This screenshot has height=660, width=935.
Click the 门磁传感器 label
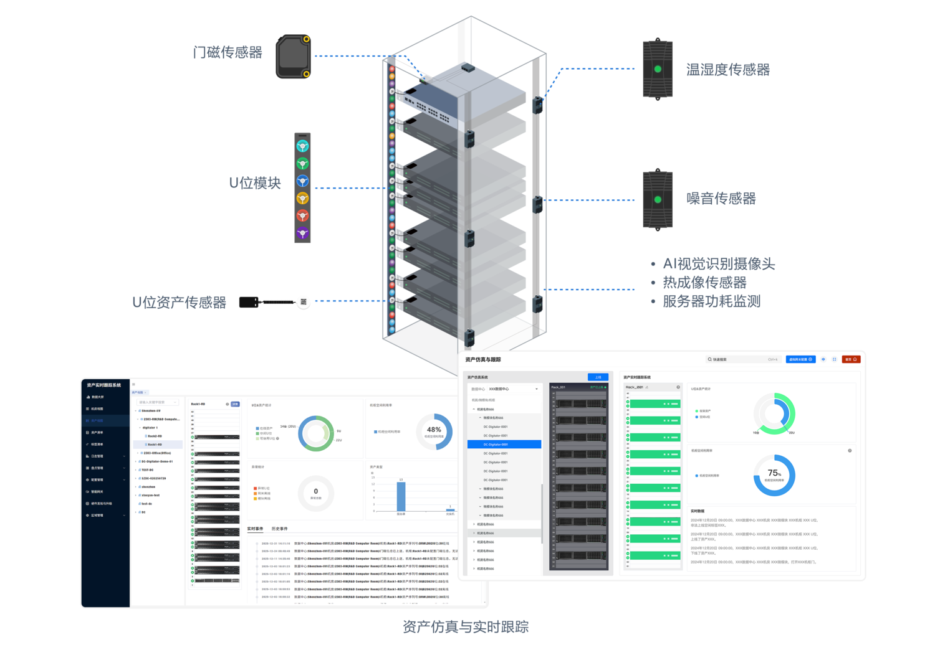[x=228, y=52]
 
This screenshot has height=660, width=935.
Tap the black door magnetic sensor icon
[x=293, y=57]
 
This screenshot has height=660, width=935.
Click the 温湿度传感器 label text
[x=727, y=70]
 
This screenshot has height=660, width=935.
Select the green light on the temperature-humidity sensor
[x=658, y=69]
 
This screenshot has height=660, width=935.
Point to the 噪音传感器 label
[x=721, y=199]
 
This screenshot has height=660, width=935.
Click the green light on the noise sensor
[x=658, y=200]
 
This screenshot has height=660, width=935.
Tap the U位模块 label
[x=255, y=183]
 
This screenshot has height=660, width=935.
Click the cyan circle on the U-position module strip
[x=302, y=146]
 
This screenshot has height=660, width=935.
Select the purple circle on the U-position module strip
[x=302, y=233]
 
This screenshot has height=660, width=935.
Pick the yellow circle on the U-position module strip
[x=302, y=199]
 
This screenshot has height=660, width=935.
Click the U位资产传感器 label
[x=179, y=303]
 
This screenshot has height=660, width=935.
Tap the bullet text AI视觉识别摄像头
[x=718, y=264]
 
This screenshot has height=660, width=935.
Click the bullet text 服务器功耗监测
[x=711, y=301]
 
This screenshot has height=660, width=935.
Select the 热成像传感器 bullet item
[x=704, y=283]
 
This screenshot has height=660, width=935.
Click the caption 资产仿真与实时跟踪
[x=465, y=626]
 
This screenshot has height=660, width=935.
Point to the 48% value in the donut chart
[x=434, y=430]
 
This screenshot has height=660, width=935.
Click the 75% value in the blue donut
[x=774, y=473]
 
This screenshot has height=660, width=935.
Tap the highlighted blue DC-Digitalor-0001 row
[x=504, y=445]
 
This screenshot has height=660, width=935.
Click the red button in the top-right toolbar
[x=851, y=359]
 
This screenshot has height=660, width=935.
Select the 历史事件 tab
[x=279, y=529]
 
